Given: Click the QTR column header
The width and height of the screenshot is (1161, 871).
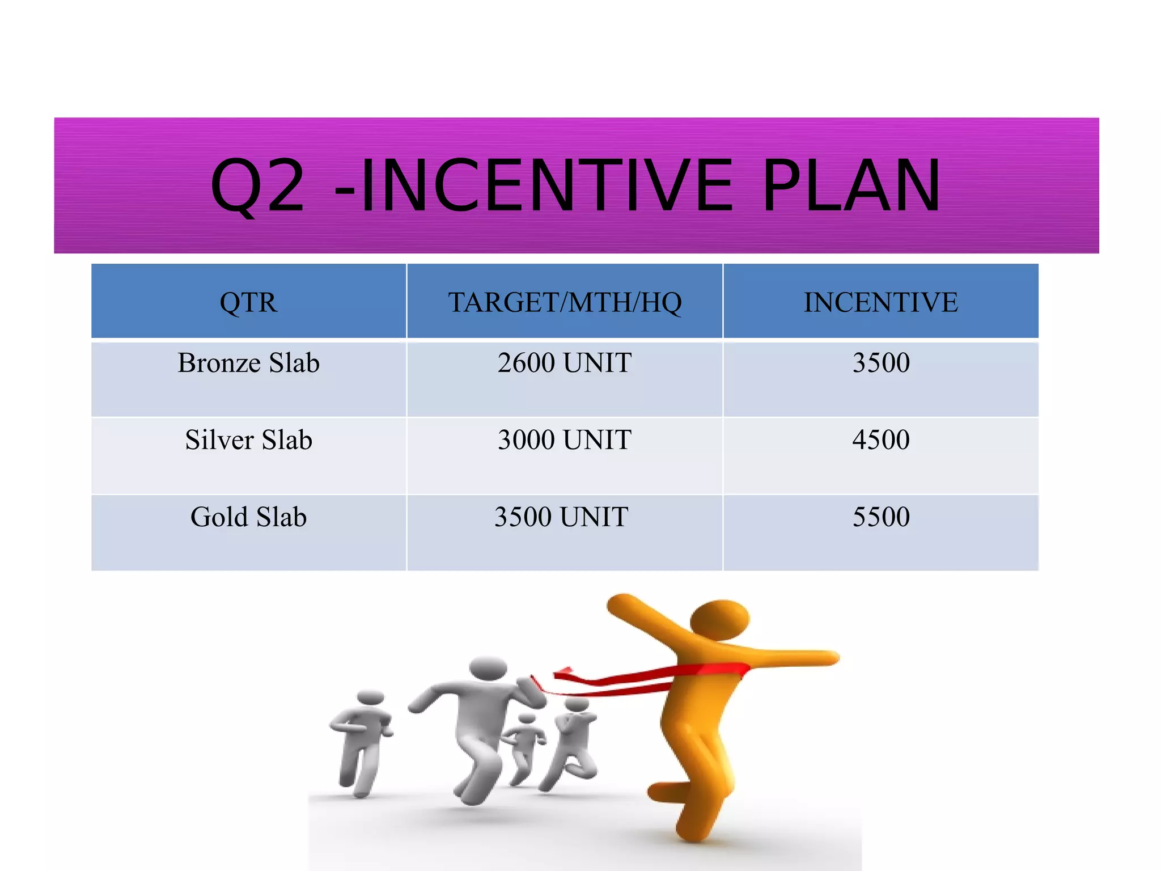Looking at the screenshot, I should coord(248,302).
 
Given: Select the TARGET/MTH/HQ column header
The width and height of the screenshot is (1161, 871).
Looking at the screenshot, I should coord(565,302).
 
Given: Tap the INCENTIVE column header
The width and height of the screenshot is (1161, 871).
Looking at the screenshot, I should coord(880,302).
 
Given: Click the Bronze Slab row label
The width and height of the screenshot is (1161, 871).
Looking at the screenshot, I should coord(248,363).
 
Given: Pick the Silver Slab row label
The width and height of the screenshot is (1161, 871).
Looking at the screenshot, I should coord(248,440).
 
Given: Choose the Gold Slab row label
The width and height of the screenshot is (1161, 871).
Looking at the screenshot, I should coord(248,517).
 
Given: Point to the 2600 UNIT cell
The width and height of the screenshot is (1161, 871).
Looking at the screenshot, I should coord(565,363).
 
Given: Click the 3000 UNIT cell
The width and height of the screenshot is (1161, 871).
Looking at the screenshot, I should coord(565,440).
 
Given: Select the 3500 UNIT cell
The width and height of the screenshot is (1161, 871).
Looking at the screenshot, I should coord(561,517).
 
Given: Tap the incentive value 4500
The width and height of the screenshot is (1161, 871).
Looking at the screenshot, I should coord(881,440).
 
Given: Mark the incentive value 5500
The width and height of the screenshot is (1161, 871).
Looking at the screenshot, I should coord(881,517).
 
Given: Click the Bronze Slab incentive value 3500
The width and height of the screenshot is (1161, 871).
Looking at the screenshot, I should coord(881,363).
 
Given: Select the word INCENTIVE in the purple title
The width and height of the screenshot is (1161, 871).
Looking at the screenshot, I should coord(547,186).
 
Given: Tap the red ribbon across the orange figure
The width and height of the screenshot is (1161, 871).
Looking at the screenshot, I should coord(652,678).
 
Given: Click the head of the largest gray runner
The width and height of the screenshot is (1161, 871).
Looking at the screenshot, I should coord(488,669).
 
